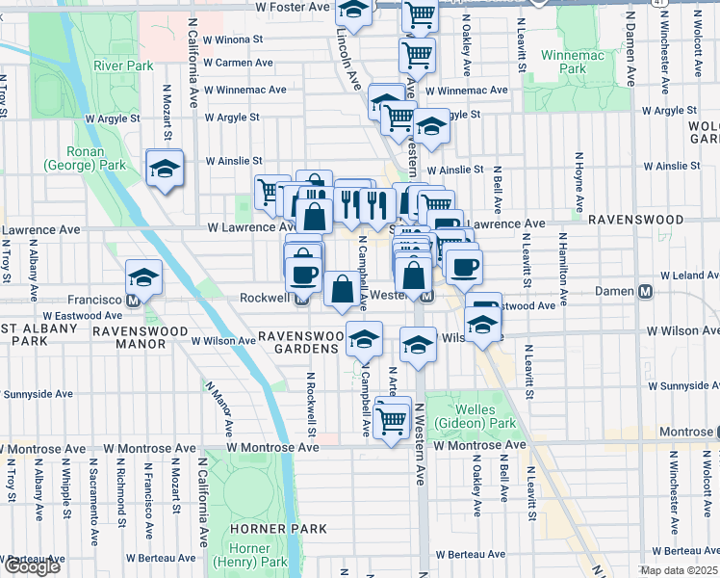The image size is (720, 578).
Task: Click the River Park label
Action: [124, 66]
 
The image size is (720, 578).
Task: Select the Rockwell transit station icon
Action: [301, 298]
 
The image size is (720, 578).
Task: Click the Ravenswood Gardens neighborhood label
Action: [300, 336]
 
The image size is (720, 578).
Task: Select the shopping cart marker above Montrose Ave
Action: [392, 418]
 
